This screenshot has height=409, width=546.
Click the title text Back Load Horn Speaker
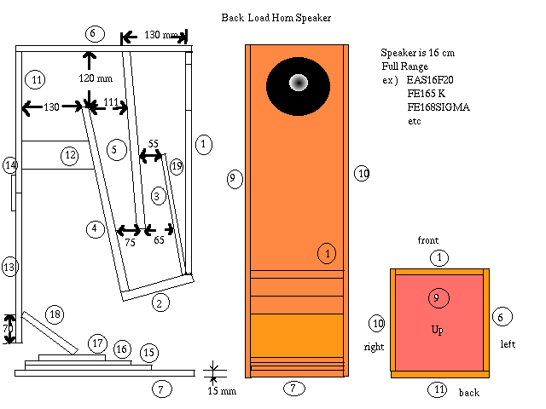[276, 17]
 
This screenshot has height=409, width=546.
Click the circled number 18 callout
[54, 314]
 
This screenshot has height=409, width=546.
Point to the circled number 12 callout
[69, 155]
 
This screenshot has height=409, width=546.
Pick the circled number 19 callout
[177, 166]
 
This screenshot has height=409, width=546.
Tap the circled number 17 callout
[96, 343]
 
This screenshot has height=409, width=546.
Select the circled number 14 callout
[10, 165]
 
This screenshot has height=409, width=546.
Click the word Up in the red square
[436, 329]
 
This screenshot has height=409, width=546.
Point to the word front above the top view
[427, 241]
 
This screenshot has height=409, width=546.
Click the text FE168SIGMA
[439, 107]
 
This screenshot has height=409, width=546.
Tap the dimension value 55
[154, 144]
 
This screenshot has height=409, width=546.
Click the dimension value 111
[111, 102]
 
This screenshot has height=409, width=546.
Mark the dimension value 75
[131, 243]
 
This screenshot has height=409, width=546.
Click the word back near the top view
[469, 393]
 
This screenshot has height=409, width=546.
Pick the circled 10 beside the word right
[378, 323]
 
